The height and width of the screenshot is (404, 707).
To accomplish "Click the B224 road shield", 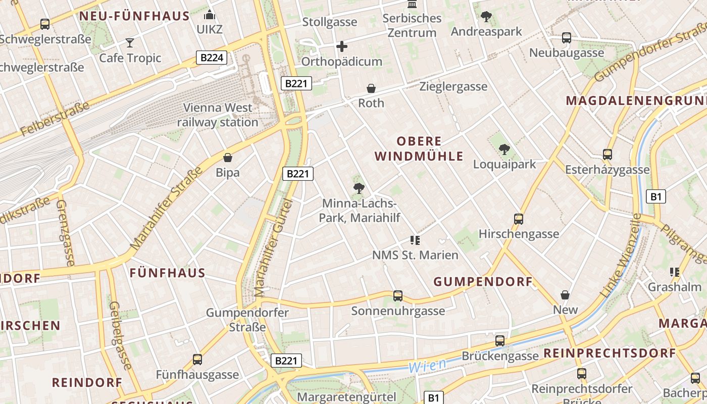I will (x=212, y=58).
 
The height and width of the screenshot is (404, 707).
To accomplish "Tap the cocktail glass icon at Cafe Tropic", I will (x=130, y=42).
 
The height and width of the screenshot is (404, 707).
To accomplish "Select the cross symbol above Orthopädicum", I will (x=342, y=47).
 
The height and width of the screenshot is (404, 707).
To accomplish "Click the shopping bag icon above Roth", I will (x=371, y=89).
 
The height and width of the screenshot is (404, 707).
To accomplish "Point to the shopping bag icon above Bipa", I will (x=228, y=158).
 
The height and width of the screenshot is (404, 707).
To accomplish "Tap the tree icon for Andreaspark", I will (x=486, y=17).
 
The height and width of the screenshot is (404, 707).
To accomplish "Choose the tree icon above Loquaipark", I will (x=504, y=149).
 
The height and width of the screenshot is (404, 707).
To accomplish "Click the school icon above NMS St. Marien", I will (x=415, y=240).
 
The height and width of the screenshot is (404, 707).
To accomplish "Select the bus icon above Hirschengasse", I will (x=519, y=219).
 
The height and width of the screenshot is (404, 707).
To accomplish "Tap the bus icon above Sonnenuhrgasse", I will (x=398, y=296).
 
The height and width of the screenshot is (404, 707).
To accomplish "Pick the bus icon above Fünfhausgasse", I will (x=197, y=360).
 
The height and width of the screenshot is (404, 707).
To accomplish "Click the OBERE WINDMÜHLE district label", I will (x=419, y=149).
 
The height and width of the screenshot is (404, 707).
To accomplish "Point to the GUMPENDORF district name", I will (x=483, y=282).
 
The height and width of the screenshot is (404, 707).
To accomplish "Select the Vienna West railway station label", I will (x=218, y=115).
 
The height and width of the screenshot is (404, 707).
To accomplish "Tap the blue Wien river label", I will (x=427, y=365).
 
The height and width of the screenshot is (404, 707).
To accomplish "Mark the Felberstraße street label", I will (x=55, y=119).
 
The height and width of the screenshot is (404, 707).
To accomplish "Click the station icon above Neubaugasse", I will (x=567, y=38).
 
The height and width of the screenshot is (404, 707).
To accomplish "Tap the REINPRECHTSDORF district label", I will (x=610, y=353).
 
